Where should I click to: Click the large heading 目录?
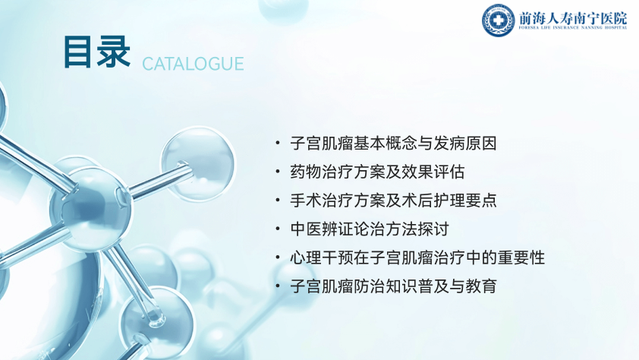coord(97,52)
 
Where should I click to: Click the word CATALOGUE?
coord(193,64)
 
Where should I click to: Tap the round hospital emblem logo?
coord(498,20)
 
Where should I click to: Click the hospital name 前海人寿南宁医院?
coord(573,18)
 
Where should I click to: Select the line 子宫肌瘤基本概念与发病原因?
coord(393,144)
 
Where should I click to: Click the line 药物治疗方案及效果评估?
coord(377,172)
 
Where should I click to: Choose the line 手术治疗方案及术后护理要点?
coord(393,201)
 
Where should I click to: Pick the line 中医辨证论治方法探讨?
coord(370,229)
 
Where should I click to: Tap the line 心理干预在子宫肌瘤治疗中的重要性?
coord(417,257)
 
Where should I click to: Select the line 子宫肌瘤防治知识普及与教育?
coord(393,286)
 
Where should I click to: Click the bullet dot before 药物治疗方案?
coord(278,172)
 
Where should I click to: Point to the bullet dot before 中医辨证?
coord(278,229)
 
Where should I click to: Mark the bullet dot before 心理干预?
coord(278,257)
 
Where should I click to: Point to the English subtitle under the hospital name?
coord(573,28)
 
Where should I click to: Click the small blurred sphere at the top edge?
coord(284,9)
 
